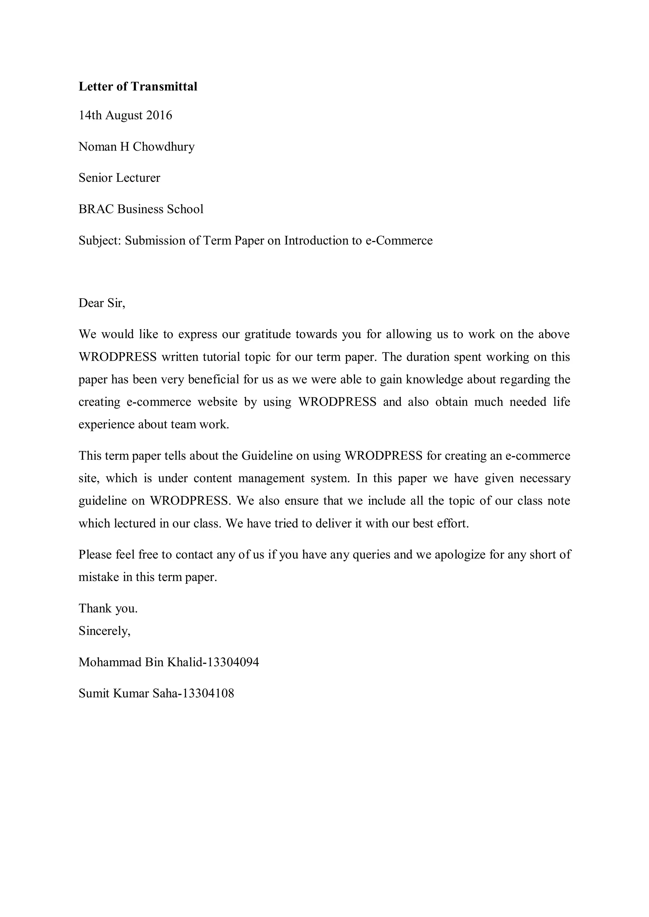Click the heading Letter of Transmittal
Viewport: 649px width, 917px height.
tap(138, 87)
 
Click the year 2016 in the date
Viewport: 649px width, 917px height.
tap(159, 116)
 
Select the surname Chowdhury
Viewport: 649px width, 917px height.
tap(164, 147)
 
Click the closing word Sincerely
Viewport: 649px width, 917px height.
tap(104, 631)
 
